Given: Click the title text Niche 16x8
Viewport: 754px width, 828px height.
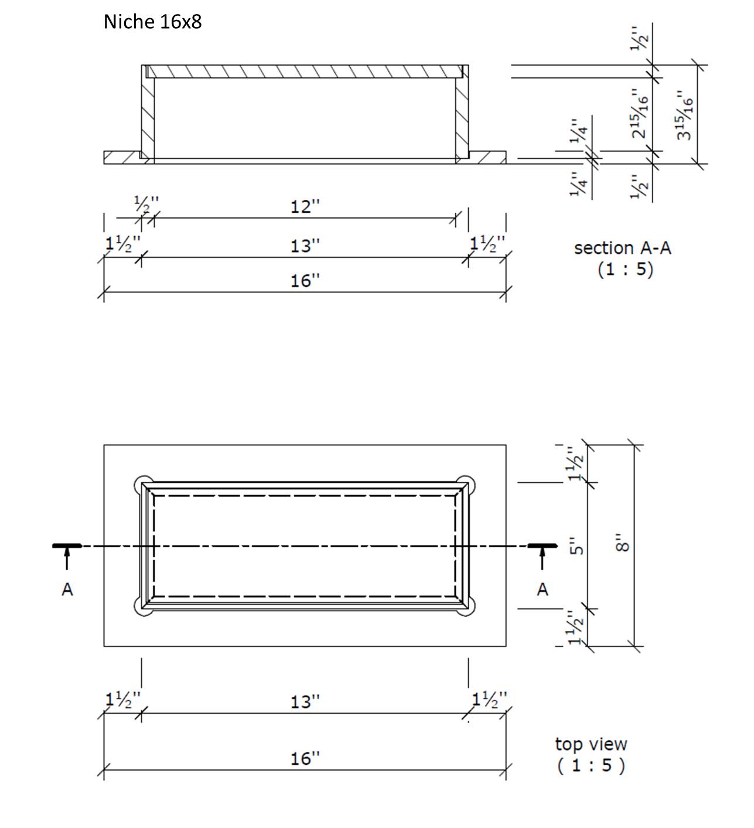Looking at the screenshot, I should click(152, 22).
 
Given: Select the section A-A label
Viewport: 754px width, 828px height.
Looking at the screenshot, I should click(622, 248).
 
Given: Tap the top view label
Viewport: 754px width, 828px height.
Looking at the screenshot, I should click(591, 744).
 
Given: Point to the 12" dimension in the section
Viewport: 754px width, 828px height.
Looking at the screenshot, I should click(305, 207).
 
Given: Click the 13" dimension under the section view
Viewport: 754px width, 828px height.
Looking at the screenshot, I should click(305, 246).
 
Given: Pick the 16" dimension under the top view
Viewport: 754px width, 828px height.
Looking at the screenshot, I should click(305, 758).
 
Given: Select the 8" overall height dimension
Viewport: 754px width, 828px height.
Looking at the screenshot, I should click(623, 545).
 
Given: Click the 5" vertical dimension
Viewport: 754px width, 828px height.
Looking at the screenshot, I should click(576, 546).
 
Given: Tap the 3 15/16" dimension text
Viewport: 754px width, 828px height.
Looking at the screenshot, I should click(684, 115).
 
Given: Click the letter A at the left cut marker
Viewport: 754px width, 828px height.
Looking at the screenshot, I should click(67, 589).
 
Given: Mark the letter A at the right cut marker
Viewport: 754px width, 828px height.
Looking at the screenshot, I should click(543, 589).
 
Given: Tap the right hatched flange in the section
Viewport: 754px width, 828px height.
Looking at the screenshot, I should click(488, 157).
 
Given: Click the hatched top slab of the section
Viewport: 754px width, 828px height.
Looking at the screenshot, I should click(305, 71).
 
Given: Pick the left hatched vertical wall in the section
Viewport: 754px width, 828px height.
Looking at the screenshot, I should click(148, 114).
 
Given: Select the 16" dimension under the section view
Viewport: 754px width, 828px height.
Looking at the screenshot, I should click(305, 281).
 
